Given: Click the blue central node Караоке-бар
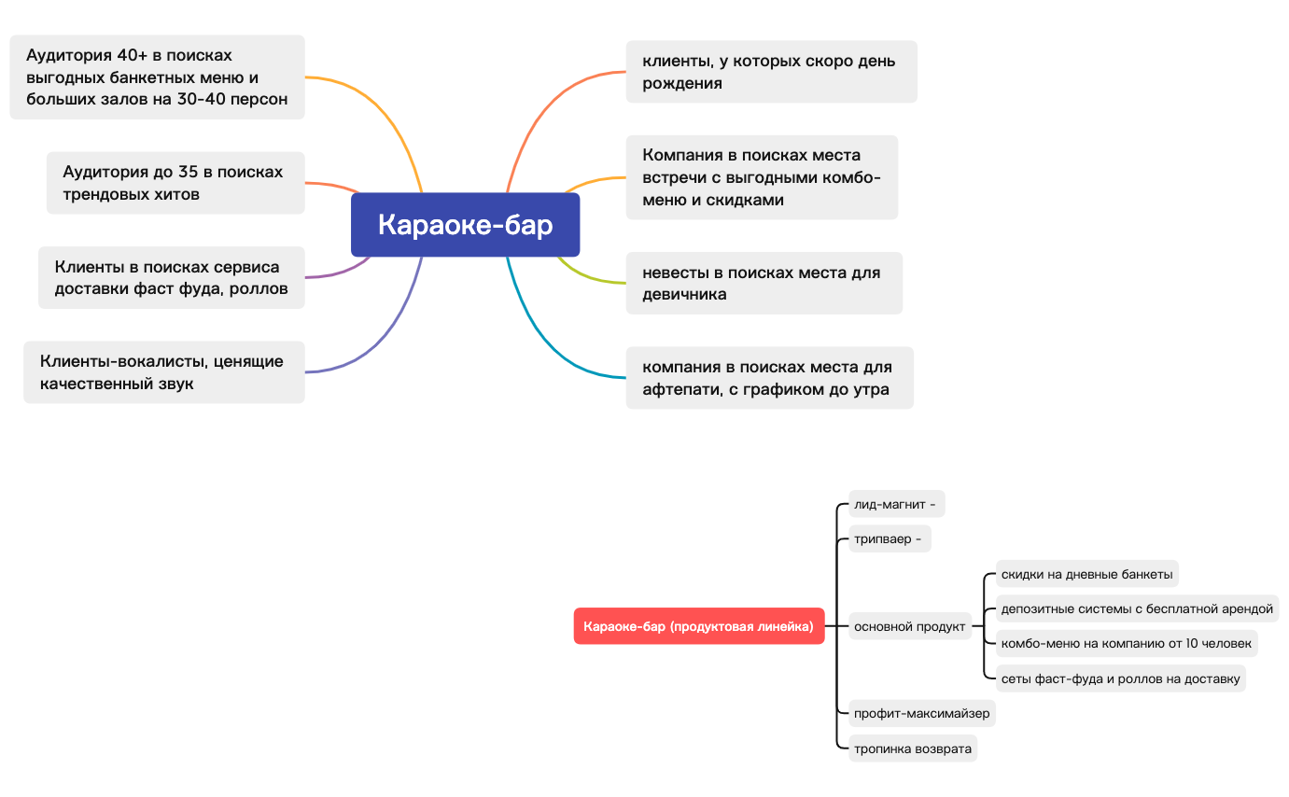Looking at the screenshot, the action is click(x=465, y=224).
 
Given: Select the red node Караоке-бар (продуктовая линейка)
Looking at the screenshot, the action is click(x=698, y=626).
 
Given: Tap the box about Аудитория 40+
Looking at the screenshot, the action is click(x=157, y=77).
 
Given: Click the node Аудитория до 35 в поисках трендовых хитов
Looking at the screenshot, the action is click(x=175, y=183).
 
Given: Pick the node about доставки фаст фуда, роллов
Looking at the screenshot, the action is click(x=172, y=277).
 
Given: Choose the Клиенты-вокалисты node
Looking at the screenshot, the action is click(x=164, y=372).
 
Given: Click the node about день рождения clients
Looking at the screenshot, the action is click(x=772, y=72).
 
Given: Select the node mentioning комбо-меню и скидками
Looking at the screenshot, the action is click(x=762, y=177).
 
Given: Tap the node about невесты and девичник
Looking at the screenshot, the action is click(x=764, y=283).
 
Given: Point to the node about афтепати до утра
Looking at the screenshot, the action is click(x=770, y=378).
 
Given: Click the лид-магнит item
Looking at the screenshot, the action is click(x=897, y=504).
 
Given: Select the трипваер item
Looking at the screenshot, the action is click(x=890, y=538).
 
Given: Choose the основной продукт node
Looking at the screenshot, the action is click(x=910, y=626).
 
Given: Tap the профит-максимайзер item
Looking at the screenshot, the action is click(x=922, y=714).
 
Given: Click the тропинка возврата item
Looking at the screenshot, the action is click(x=913, y=748).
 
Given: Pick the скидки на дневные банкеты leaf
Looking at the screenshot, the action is click(x=1087, y=574).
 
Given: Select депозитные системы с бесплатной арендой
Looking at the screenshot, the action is click(x=1137, y=608).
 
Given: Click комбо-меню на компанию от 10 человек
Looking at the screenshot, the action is click(x=1127, y=643).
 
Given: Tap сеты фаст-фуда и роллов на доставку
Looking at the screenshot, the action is click(x=1121, y=678).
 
